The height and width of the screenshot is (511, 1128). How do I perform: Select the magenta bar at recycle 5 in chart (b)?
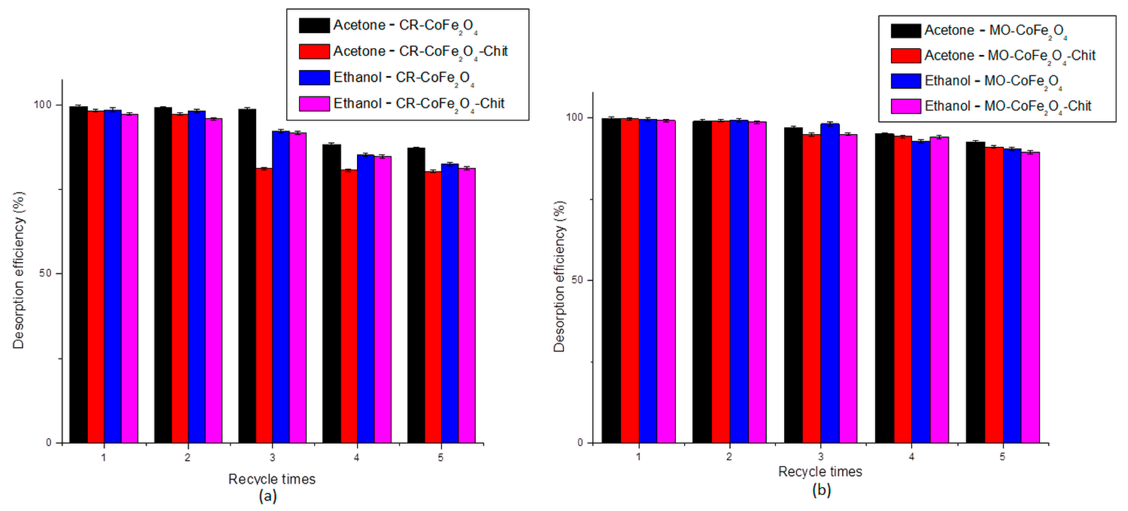click(x=1030, y=298)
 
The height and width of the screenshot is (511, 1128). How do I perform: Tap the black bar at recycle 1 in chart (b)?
click(x=611, y=280)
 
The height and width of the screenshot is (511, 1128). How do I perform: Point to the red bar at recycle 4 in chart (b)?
click(x=903, y=289)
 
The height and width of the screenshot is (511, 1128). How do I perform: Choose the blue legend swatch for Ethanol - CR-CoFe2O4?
click(x=314, y=78)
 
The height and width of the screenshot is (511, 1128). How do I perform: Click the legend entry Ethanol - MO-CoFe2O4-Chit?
click(x=1007, y=106)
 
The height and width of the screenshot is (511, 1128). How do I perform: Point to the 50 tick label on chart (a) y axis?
click(x=45, y=273)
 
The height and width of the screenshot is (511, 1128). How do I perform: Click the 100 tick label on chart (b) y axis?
click(x=575, y=117)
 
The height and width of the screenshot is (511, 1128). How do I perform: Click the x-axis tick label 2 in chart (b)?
click(x=729, y=457)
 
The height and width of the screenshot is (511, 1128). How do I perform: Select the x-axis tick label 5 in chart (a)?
click(x=441, y=457)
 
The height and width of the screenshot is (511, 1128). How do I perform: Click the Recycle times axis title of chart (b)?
click(x=820, y=472)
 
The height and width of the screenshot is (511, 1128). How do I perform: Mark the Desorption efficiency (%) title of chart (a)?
click(x=18, y=270)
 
